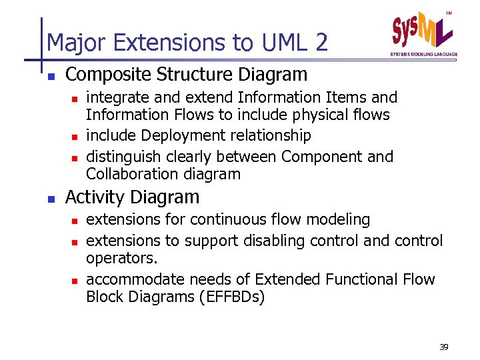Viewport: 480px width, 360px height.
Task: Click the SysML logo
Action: pos(423,31)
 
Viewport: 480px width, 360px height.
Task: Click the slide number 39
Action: pos(445,347)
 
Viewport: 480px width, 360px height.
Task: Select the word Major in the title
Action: pos(71,43)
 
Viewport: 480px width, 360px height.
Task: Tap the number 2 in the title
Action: pos(321,43)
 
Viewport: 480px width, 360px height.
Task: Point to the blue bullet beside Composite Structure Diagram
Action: pos(51,75)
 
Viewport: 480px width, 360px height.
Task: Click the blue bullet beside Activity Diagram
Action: pos(51,198)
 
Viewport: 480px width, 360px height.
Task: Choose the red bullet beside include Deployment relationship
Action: pos(75,137)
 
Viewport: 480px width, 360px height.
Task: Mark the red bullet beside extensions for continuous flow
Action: pos(75,220)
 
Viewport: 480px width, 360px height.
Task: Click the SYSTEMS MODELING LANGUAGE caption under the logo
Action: pos(423,54)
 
